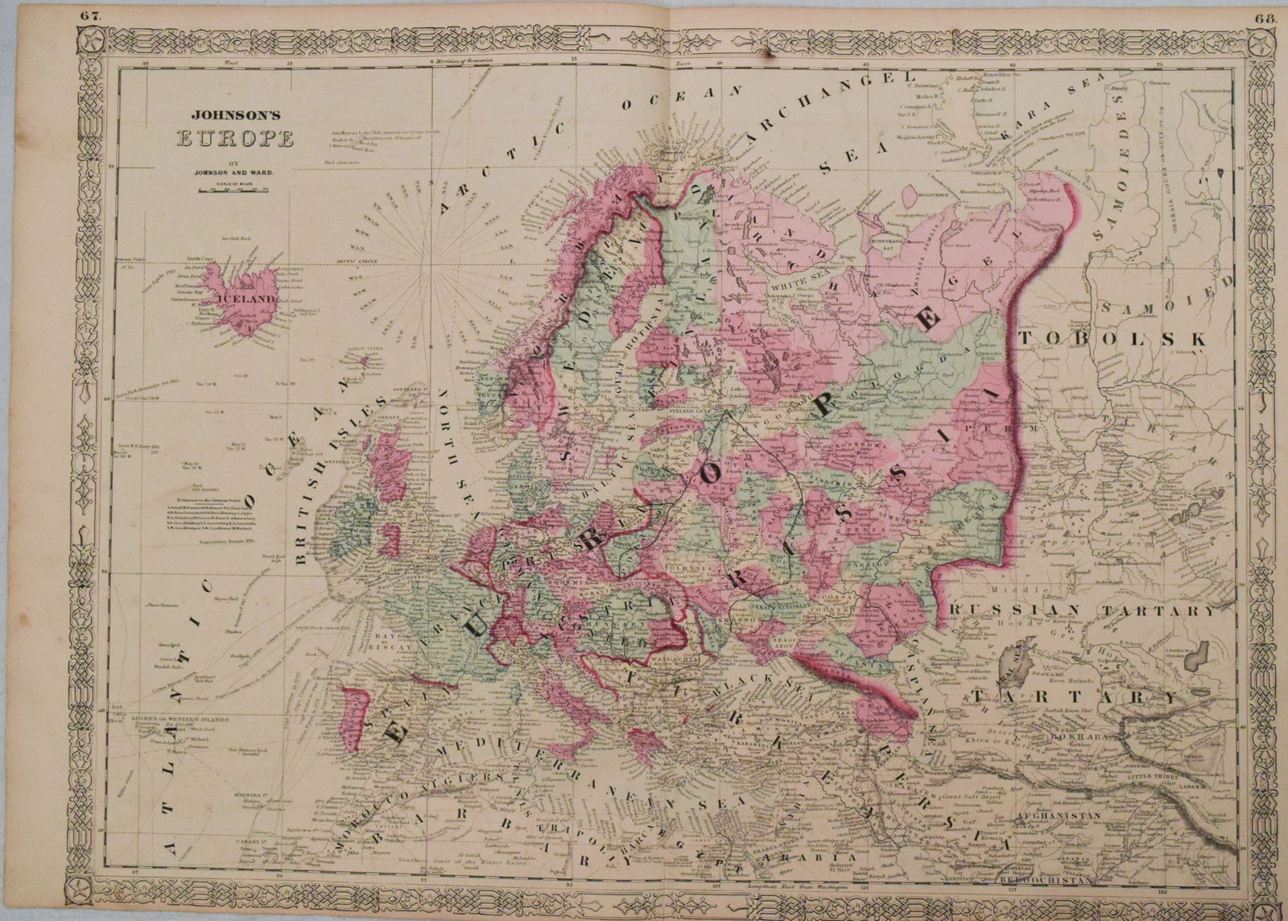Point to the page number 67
(x=86, y=9)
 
